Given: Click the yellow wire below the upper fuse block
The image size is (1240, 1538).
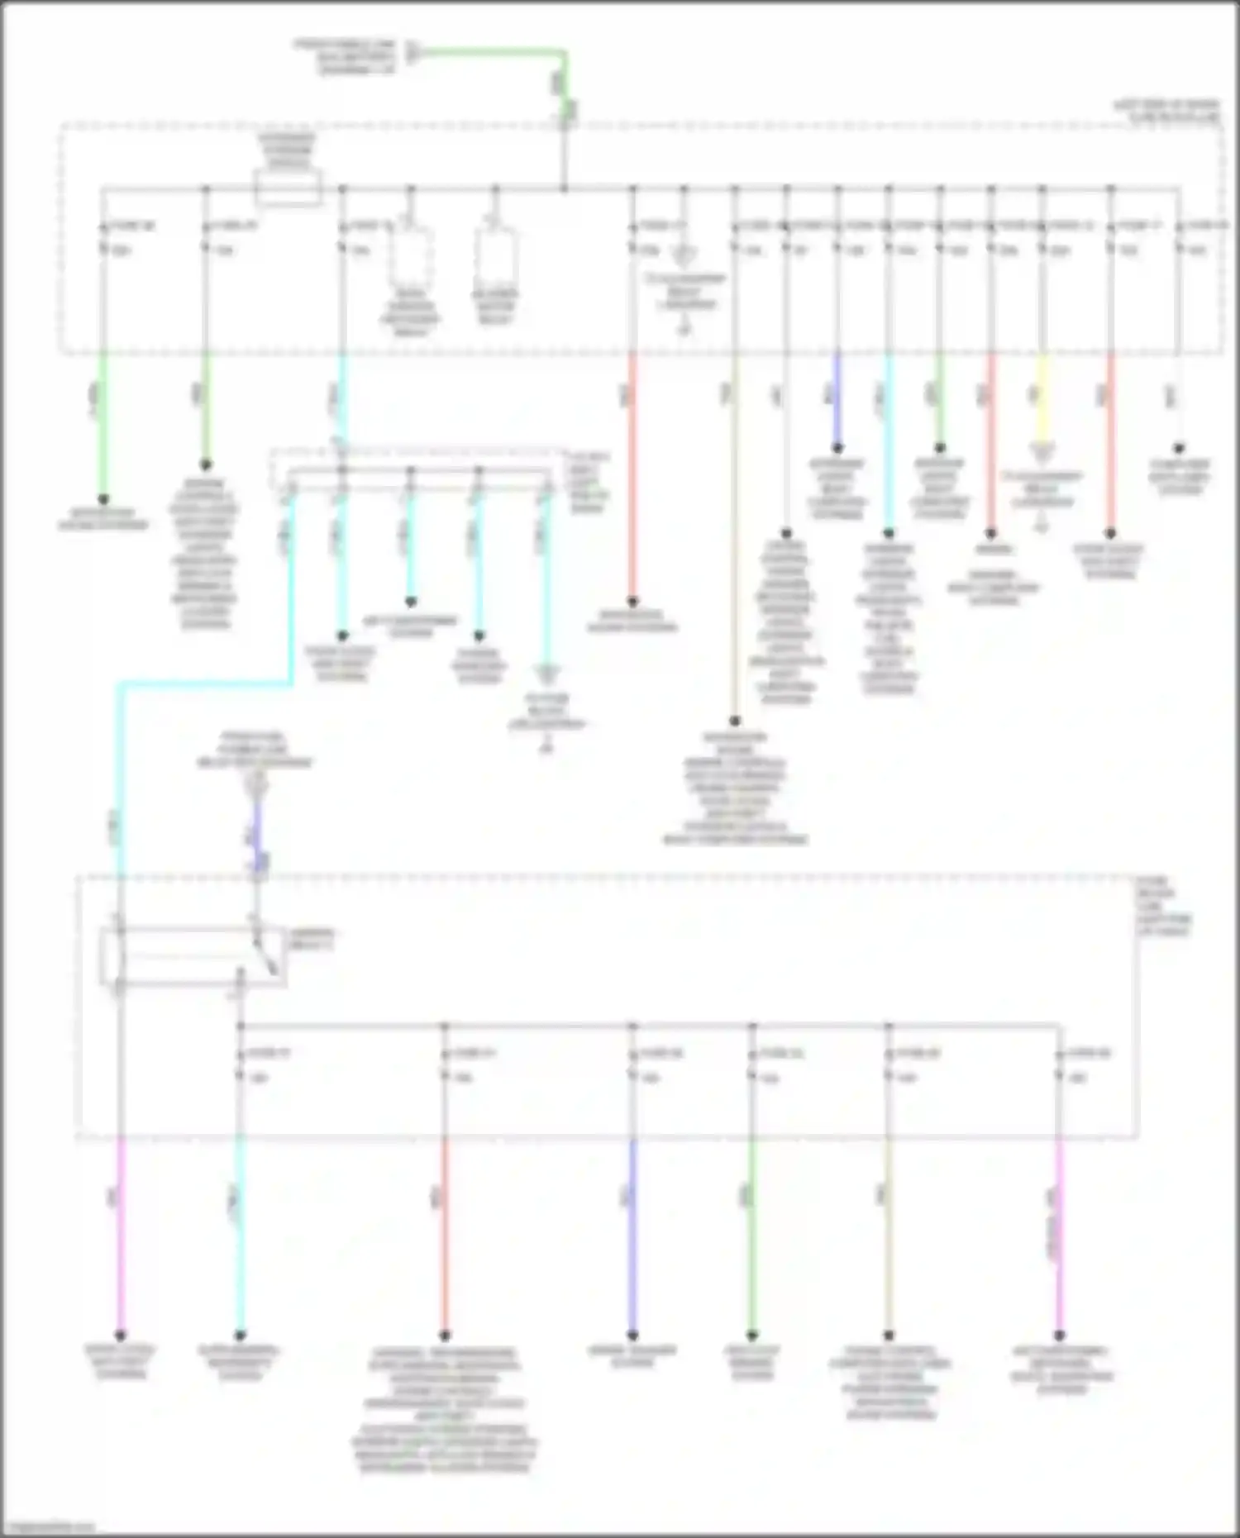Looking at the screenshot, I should click(1042, 397).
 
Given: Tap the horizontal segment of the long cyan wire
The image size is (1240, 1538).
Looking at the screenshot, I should click(207, 684).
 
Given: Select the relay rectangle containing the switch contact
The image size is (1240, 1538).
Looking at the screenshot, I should click(193, 957).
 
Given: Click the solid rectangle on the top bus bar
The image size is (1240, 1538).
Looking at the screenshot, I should click(288, 189).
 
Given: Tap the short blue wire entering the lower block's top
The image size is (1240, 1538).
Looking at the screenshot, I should click(258, 835).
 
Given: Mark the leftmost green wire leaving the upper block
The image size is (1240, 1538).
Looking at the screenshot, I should click(103, 421).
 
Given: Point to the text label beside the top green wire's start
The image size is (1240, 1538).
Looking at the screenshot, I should click(346, 55).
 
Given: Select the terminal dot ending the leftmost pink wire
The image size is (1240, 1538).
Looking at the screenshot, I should click(121, 1335).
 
